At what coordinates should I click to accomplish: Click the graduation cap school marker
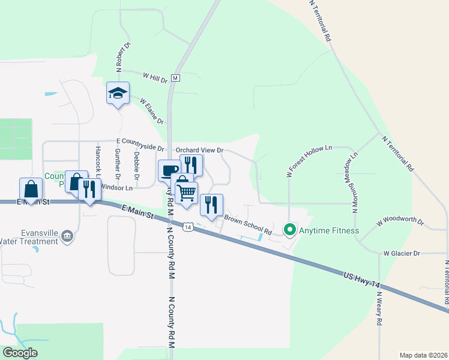tap(118, 94)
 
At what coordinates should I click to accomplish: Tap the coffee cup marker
tap(169, 171)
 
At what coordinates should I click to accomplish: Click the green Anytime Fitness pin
tap(289, 230)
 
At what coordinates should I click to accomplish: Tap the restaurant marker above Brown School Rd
tap(211, 205)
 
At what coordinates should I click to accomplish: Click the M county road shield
tap(176, 78)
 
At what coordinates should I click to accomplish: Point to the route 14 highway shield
tap(188, 227)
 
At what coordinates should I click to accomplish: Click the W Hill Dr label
tap(155, 77)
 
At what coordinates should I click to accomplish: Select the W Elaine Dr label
tap(152, 112)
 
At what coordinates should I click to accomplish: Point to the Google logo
tap(20, 353)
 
